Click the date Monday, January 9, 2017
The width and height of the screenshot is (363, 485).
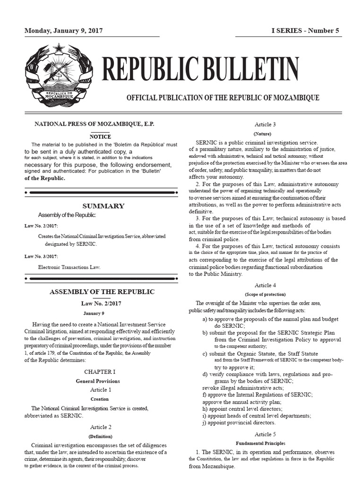click(63, 31)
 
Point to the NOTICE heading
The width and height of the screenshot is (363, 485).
click(100, 136)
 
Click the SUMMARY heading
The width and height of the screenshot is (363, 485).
click(103, 206)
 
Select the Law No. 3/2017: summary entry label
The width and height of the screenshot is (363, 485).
click(41, 256)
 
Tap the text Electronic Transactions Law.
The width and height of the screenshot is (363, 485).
click(69, 267)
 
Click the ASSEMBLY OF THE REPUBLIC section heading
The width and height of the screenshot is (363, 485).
click(102, 292)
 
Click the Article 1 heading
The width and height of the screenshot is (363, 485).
click(100, 390)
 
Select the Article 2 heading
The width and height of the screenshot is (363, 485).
click(100, 427)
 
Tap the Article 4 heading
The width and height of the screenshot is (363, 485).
click(265, 286)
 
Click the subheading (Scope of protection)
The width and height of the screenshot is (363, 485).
click(265, 294)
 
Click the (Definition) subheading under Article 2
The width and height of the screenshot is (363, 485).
click(100, 436)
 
